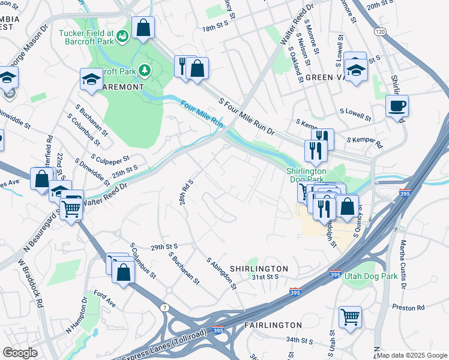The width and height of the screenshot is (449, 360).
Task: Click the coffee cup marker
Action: [397, 107]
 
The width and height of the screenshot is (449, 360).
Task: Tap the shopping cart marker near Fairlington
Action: [350, 316]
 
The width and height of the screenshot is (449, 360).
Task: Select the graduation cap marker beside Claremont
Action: [91, 79]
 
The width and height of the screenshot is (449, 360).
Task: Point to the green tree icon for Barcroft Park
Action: [144, 71]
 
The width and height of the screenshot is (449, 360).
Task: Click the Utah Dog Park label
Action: [370, 277]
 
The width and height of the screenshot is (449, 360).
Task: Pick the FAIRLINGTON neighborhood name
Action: [273, 325]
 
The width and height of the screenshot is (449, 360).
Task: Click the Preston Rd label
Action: [408, 307]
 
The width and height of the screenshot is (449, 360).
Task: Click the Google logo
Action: [20, 353]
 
